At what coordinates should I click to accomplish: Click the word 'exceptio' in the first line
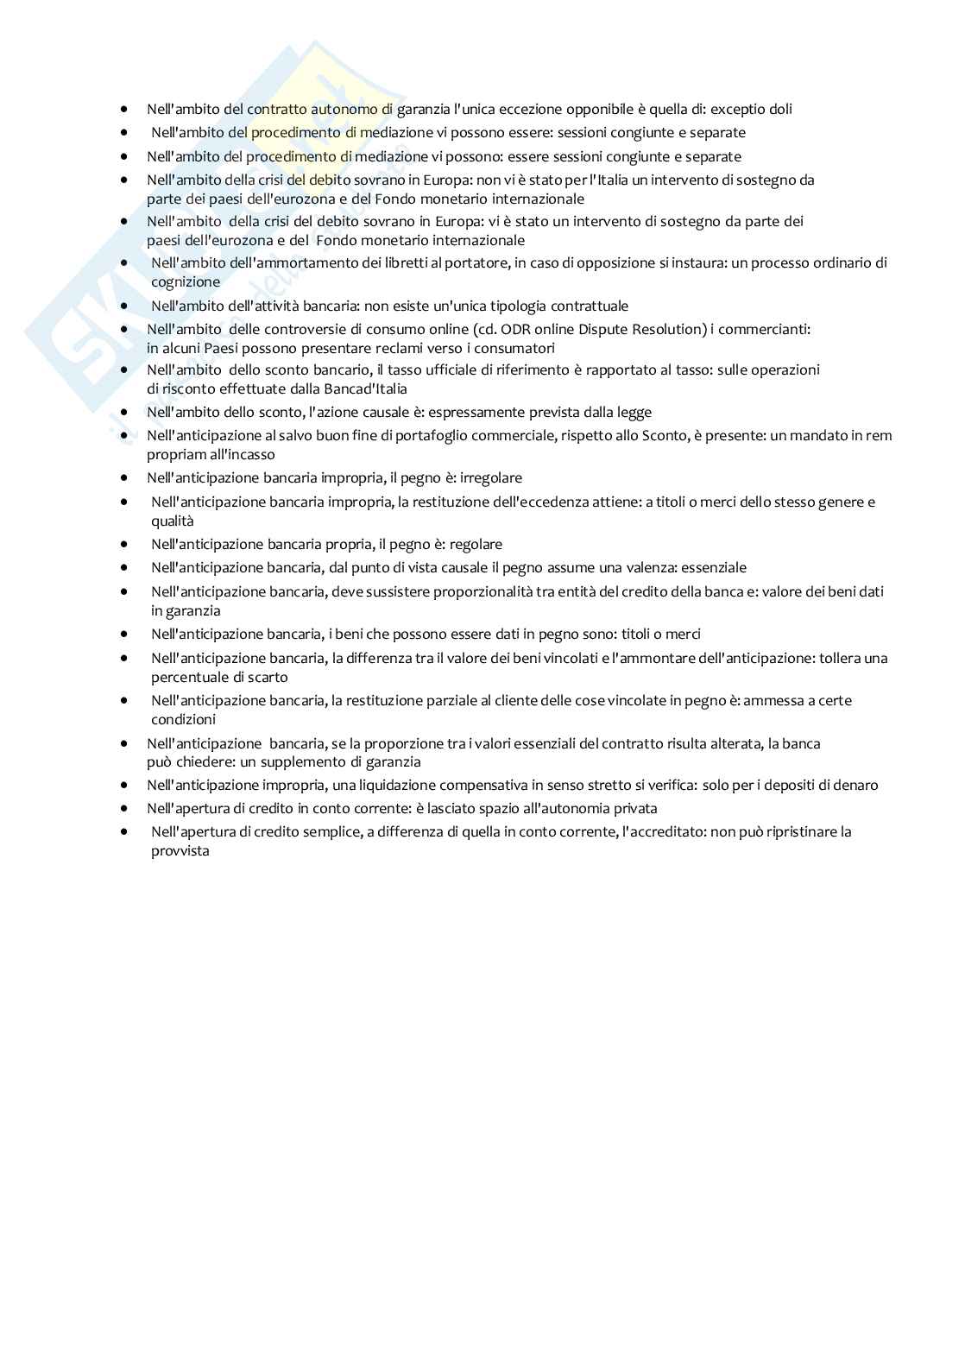tap(738, 110)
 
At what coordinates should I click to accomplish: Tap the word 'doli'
tap(780, 110)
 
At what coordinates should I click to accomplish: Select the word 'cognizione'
tap(186, 282)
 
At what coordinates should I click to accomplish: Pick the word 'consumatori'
tap(516, 348)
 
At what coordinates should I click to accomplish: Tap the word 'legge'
tap(634, 413)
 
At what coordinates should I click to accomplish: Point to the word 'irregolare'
tap(491, 478)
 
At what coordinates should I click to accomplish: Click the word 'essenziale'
tap(714, 568)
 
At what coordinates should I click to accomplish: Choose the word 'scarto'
tap(266, 678)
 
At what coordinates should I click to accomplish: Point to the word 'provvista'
tap(180, 851)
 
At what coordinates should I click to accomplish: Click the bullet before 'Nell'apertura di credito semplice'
tap(126, 832)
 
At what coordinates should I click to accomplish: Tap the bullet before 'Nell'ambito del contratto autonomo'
tap(126, 110)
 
